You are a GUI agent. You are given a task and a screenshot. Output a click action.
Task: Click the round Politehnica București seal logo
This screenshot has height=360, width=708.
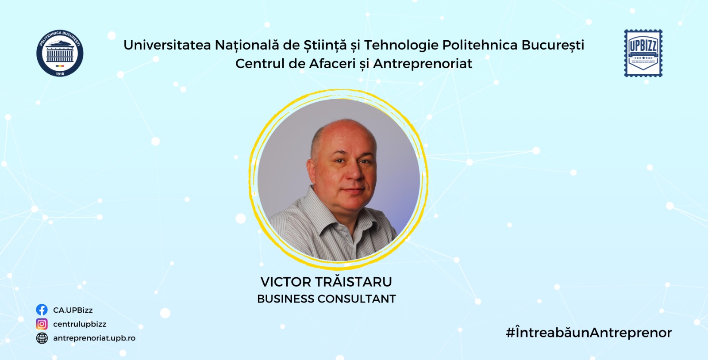[60, 53]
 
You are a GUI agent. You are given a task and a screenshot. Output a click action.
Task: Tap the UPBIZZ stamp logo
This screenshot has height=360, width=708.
[643, 53]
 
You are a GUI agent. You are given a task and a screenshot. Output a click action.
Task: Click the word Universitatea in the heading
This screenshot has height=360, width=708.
[167, 45]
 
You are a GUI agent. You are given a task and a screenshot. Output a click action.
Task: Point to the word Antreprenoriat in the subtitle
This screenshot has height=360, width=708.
[423, 64]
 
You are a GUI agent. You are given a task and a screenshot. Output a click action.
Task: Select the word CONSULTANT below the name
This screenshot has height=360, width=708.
[357, 299]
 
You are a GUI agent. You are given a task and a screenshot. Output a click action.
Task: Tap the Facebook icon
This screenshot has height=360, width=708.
[42, 310]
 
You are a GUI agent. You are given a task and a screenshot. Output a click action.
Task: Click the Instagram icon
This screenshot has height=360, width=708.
[42, 324]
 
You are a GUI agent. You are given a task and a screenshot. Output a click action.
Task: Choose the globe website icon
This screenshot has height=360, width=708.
[42, 338]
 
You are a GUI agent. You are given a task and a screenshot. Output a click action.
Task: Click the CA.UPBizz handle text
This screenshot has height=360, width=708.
[73, 310]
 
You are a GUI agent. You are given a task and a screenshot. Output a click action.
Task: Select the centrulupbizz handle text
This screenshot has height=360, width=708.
[80, 324]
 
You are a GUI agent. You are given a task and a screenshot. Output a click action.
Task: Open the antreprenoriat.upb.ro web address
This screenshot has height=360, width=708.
[94, 338]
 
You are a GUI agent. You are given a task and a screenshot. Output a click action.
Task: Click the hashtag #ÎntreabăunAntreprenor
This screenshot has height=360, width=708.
[589, 333]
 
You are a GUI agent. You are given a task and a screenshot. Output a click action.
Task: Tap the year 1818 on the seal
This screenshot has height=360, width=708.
[60, 73]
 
